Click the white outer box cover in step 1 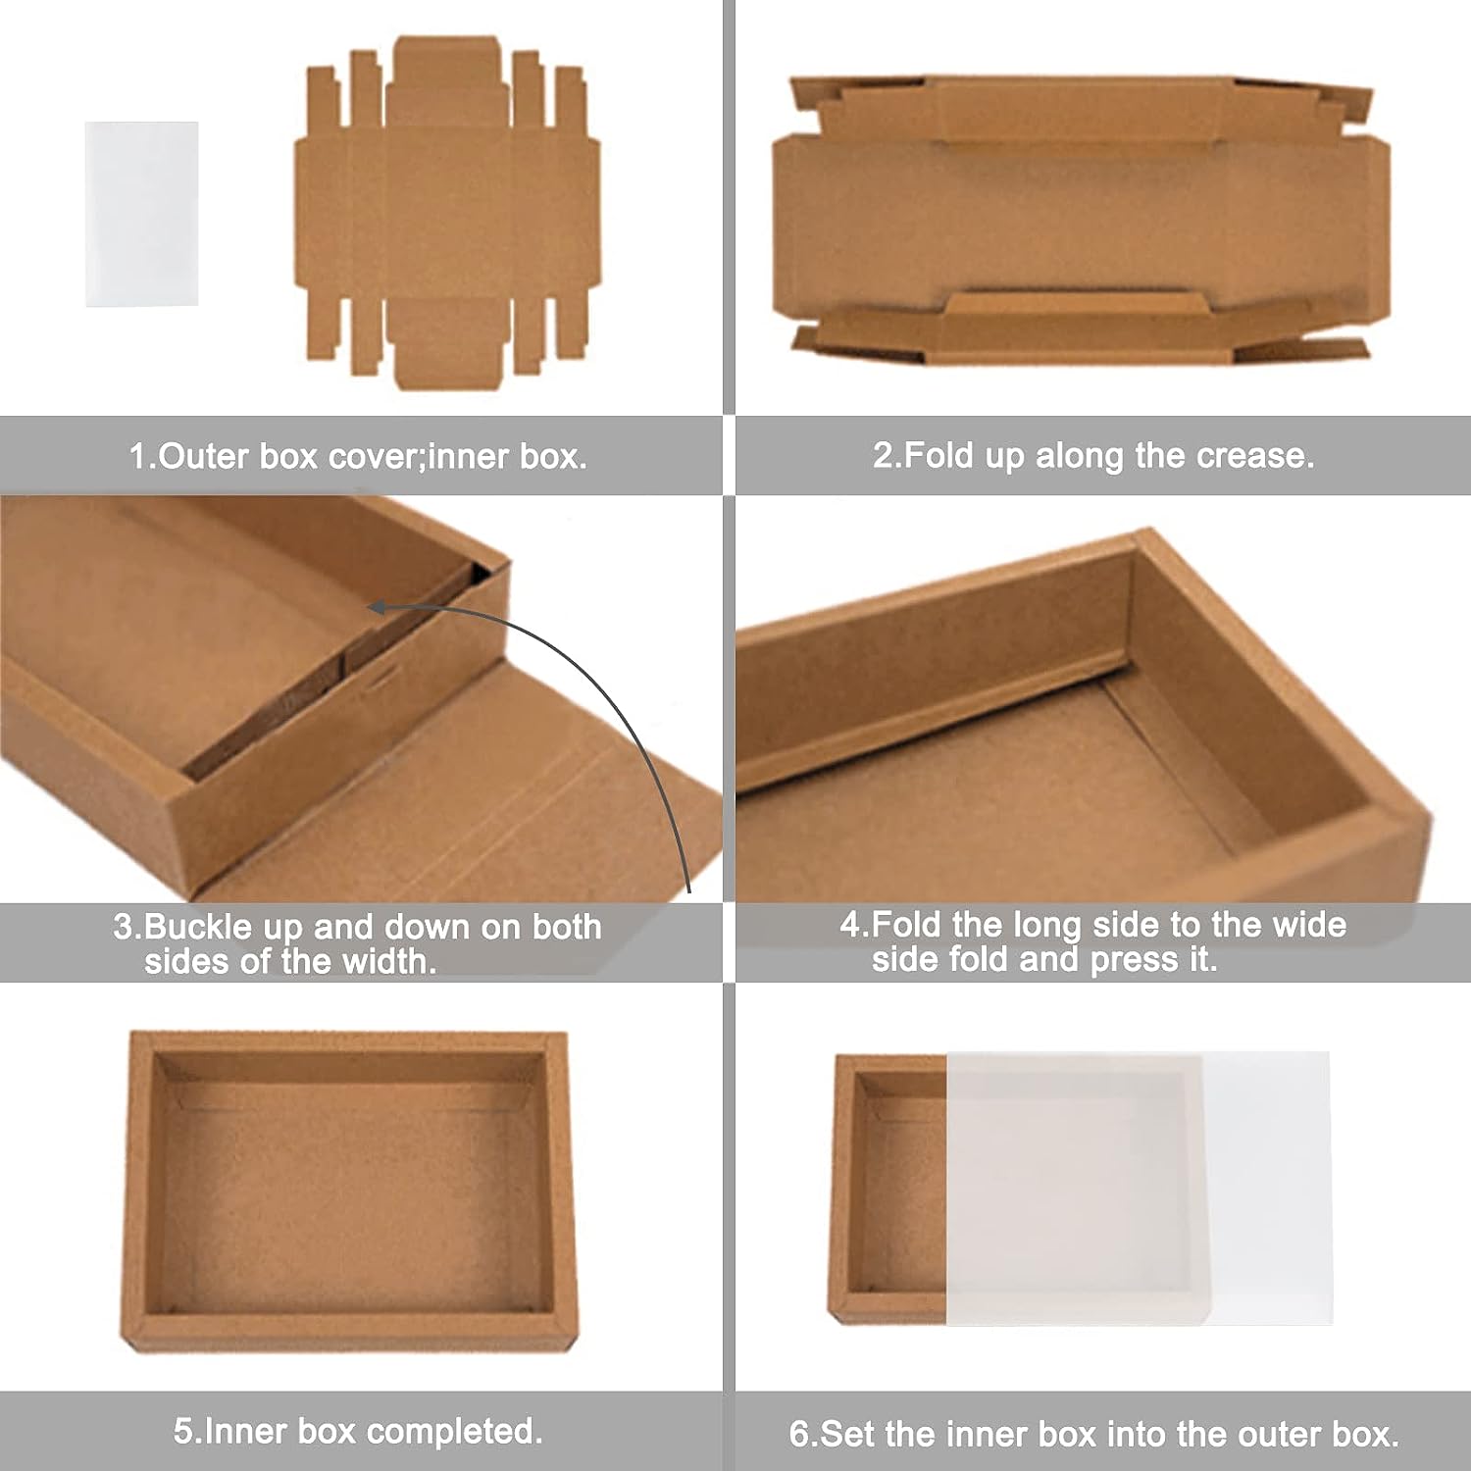tap(142, 214)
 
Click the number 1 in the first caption tap(138, 456)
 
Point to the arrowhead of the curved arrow tap(378, 608)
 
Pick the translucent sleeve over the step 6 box tap(1138, 1189)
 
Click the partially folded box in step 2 tap(1082, 220)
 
